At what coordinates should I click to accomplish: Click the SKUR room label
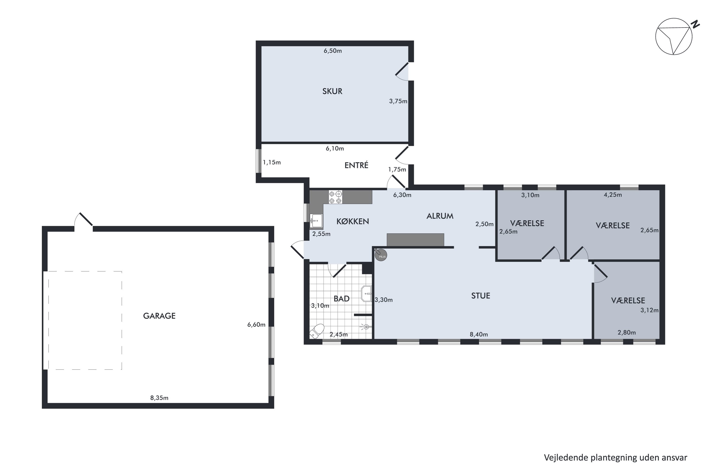(332, 91)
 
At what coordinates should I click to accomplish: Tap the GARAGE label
(159, 316)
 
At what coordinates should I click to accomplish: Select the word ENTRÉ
(356, 165)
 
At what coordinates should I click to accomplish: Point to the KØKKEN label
(352, 221)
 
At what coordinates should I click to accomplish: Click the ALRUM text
(440, 216)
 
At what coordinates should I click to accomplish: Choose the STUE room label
(481, 296)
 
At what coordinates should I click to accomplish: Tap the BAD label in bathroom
(342, 299)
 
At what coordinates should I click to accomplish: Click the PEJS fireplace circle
(381, 255)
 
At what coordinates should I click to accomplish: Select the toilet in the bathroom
(317, 331)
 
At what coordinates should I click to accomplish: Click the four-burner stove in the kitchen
(336, 197)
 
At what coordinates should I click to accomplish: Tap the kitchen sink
(316, 221)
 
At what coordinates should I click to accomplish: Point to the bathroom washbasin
(366, 294)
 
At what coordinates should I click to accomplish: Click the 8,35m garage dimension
(159, 398)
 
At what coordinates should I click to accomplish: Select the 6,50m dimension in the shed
(332, 51)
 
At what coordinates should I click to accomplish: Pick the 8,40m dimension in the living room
(479, 334)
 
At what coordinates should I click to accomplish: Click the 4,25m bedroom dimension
(613, 195)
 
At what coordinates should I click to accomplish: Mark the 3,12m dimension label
(649, 310)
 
